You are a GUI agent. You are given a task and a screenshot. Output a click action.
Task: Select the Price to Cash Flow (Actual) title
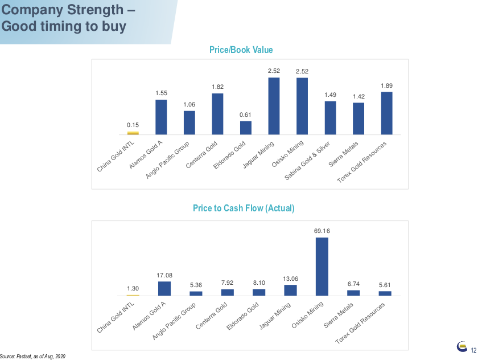pyautogui.click(x=244, y=208)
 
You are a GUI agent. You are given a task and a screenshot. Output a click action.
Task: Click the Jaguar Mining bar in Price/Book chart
pyautogui.click(x=274, y=106)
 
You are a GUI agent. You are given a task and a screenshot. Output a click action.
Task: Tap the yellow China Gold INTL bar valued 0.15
pyautogui.click(x=133, y=133)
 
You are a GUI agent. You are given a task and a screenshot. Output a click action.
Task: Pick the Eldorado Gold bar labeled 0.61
pyautogui.click(x=245, y=128)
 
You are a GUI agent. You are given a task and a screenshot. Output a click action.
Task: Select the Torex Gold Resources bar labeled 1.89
pyautogui.click(x=386, y=113)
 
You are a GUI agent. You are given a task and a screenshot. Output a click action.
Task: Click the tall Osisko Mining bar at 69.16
pyautogui.click(x=322, y=267)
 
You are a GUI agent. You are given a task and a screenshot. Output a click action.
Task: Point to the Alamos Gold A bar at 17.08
pyautogui.click(x=164, y=289)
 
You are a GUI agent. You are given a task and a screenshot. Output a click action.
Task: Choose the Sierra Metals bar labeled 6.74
pyautogui.click(x=353, y=293)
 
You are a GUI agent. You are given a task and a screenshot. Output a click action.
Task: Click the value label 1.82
pyautogui.click(x=217, y=87)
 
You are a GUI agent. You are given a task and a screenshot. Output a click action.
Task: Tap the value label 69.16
pyautogui.click(x=322, y=231)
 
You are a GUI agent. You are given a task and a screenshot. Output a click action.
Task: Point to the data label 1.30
pyautogui.click(x=133, y=289)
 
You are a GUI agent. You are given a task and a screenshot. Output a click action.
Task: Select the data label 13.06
pyautogui.click(x=290, y=279)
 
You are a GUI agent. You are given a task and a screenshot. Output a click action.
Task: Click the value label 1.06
pyautogui.click(x=189, y=104)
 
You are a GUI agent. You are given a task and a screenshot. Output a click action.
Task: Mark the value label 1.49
pyautogui.click(x=330, y=95)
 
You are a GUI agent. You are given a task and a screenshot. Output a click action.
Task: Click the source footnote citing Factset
pyautogui.click(x=34, y=356)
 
